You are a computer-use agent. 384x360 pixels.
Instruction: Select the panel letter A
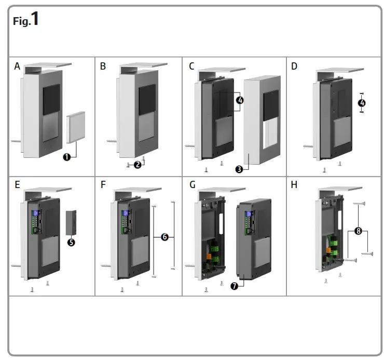17,66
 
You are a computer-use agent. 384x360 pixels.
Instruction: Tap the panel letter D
295,66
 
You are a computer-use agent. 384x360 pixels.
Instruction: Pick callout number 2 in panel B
137,165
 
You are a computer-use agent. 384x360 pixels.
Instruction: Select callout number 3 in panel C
239,169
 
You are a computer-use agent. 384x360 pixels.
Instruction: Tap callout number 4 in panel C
239,100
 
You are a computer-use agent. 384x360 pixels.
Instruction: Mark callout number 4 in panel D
362,102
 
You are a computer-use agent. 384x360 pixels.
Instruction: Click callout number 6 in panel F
164,236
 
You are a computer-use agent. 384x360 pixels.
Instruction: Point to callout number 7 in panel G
234,286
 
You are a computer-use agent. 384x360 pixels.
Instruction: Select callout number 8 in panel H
358,230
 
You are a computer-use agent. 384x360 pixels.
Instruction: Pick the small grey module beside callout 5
71,223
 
